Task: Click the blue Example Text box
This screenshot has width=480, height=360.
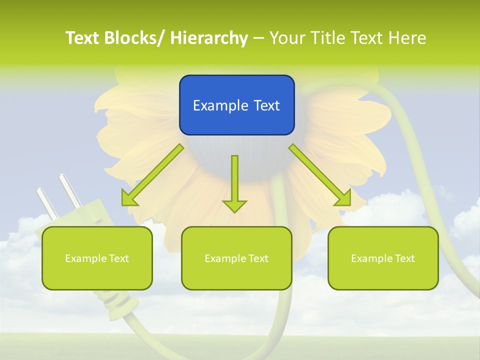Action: [x=236, y=105]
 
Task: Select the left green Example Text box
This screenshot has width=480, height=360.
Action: [x=97, y=258]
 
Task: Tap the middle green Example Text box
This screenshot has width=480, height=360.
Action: [x=236, y=258]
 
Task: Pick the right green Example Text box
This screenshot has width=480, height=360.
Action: [x=383, y=258]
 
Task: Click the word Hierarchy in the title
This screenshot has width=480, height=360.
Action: [x=209, y=38]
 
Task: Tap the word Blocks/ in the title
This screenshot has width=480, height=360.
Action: [x=133, y=38]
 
